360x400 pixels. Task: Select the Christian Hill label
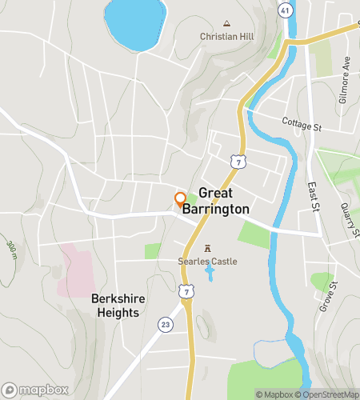226,37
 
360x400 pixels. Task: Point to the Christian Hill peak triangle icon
226,23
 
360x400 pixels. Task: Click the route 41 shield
286,10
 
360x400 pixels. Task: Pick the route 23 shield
165,324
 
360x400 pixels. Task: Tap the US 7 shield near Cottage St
238,162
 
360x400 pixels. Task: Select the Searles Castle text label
208,261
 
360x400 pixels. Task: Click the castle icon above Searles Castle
209,248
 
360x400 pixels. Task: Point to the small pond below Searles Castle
209,275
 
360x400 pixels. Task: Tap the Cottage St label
301,123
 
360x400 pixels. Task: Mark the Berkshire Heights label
118,306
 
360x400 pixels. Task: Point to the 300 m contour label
11,251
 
